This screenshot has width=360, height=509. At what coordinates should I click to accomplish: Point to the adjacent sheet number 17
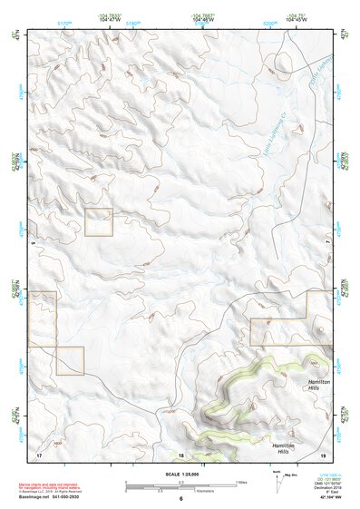pos(39,455)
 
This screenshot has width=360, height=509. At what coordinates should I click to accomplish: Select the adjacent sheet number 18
pos(180,455)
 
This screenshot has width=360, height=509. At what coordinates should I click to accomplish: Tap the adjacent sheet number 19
pos(322,455)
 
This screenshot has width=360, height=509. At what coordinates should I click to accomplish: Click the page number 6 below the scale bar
pos(181,498)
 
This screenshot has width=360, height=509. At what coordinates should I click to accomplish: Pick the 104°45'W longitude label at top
pos(296,19)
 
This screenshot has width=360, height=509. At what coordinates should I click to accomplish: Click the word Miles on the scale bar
pos(240,482)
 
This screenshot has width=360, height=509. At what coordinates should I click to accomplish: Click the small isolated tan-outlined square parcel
pos(98,222)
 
